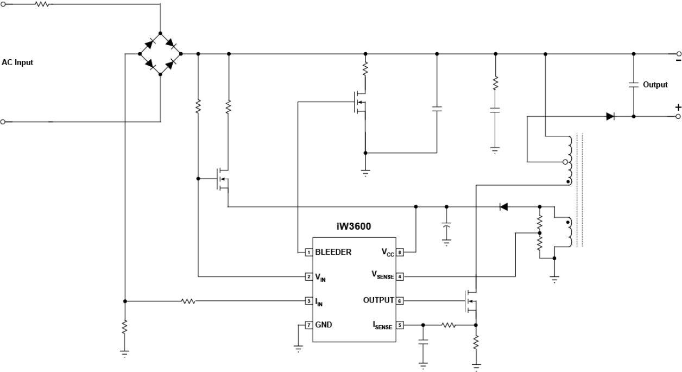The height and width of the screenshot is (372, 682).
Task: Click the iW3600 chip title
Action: pyautogui.click(x=353, y=227)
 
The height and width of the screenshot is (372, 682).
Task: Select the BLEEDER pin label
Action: pyautogui.click(x=333, y=252)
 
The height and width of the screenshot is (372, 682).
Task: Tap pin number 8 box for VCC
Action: pyautogui.click(x=401, y=252)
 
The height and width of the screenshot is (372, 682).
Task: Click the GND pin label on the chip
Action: pyautogui.click(x=324, y=325)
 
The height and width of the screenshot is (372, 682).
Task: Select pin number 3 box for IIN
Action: pyautogui.click(x=308, y=301)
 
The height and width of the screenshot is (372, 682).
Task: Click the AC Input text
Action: pyautogui.click(x=17, y=62)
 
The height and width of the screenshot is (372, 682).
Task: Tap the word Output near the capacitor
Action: pyautogui.click(x=655, y=85)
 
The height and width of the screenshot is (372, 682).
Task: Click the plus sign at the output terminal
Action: pyautogui.click(x=677, y=108)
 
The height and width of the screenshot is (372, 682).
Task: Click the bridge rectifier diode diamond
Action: pyautogui.click(x=160, y=54)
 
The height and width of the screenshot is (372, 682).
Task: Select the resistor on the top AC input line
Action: pyautogui.click(x=42, y=5)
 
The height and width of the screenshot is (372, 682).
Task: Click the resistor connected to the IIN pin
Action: pyautogui.click(x=188, y=301)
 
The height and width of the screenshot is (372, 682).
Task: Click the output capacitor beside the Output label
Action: pyautogui.click(x=633, y=85)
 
